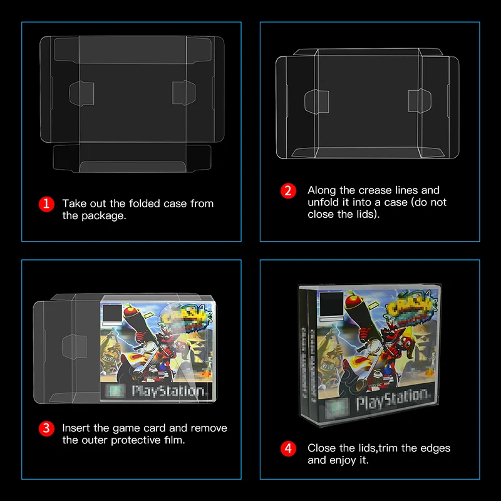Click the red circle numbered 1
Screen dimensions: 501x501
tap(46, 204)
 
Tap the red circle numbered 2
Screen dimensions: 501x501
tap(287, 191)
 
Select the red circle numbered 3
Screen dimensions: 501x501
tap(46, 429)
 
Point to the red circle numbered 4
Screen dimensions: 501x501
tap(287, 448)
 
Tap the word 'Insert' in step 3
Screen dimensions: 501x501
tap(76, 428)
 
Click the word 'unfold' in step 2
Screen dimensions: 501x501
tap(323, 202)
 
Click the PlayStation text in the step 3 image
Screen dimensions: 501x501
tap(168, 391)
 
